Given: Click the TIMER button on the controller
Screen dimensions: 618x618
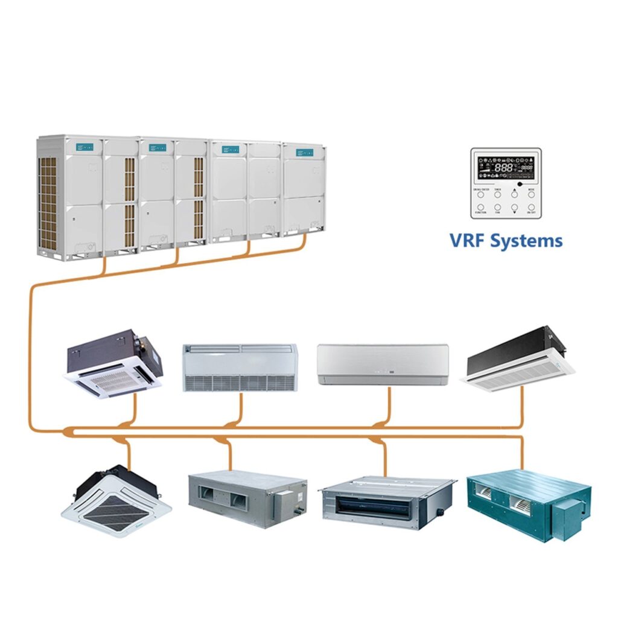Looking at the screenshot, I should [x=498, y=194].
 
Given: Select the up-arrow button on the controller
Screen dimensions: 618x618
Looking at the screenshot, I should [x=514, y=194].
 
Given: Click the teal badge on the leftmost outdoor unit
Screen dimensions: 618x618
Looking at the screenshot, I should [x=84, y=147].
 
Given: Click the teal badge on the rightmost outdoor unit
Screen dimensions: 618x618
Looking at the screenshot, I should [x=305, y=153].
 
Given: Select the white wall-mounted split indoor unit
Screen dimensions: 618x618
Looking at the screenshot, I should [x=383, y=364].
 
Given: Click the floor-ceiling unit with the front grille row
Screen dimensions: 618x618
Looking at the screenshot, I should [x=240, y=368].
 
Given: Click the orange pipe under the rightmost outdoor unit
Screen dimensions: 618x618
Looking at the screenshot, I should [x=304, y=241].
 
